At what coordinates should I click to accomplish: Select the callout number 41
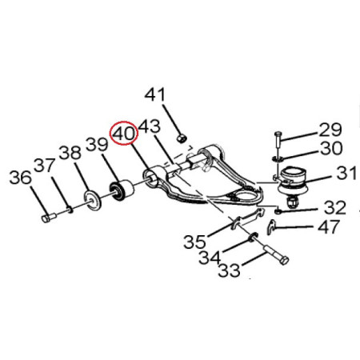[x=155, y=94]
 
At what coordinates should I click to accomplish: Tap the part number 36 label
[x=21, y=178]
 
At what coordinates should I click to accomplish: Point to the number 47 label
[x=329, y=226]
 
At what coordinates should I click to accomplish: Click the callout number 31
[x=346, y=173]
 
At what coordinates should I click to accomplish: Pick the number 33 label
[x=229, y=270]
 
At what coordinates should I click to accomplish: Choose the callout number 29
[x=329, y=130]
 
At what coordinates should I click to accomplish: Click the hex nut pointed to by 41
[x=182, y=138]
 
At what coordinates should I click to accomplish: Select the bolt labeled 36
[x=49, y=218]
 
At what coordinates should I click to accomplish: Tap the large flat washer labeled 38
[x=93, y=200]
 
